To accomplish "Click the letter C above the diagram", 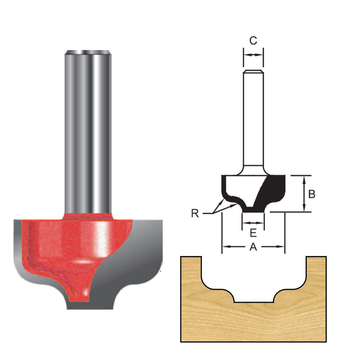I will pyautogui.click(x=253, y=41).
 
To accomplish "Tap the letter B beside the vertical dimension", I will pyautogui.click(x=312, y=194).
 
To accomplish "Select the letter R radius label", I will pyautogui.click(x=195, y=213).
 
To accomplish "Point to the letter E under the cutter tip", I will pyautogui.click(x=253, y=233).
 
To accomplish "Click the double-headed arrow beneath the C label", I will pyautogui.click(x=253, y=55).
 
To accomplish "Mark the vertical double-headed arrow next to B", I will pyautogui.click(x=304, y=194).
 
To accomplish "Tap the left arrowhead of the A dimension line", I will pyautogui.click(x=225, y=247).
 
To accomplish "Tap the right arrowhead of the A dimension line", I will pyautogui.click(x=281, y=247).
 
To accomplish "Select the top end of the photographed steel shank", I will pyautogui.click(x=87, y=53).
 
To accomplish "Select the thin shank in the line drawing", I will pyautogui.click(x=253, y=119).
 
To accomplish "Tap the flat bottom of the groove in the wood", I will pyautogui.click(x=253, y=302).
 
